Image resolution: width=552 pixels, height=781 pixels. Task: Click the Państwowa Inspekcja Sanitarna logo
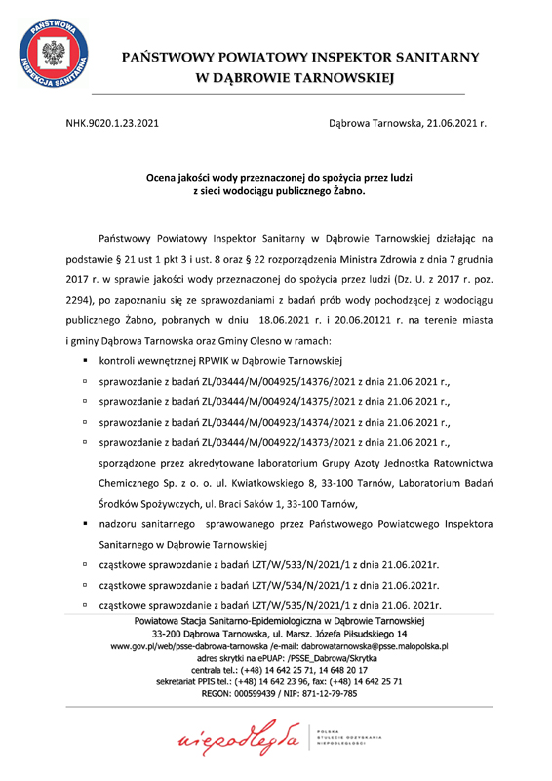click(x=51, y=54)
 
